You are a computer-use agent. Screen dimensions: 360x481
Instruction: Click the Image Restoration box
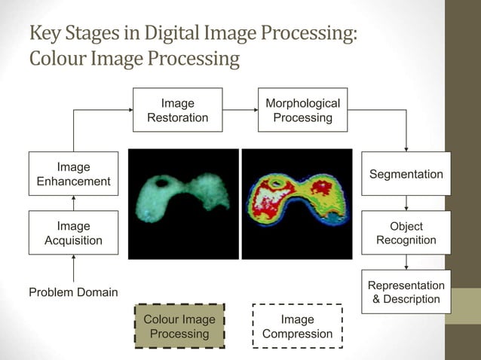coord(177,110)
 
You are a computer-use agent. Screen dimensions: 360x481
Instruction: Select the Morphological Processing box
coord(302,110)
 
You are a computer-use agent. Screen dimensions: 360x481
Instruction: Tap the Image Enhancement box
coord(73,174)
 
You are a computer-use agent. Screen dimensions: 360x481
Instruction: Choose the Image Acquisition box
coord(73,233)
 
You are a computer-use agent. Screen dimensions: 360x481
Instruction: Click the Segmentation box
coord(406,174)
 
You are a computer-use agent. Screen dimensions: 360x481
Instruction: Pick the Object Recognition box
coord(406,233)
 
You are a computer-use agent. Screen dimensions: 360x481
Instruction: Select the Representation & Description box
coord(406,291)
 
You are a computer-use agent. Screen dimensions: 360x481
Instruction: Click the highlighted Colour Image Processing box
coord(179,326)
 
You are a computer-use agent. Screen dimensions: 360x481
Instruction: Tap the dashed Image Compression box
coord(297,326)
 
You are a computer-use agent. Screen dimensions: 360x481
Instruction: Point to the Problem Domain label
coord(73,291)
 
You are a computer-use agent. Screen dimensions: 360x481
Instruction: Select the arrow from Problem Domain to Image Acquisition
coord(73,267)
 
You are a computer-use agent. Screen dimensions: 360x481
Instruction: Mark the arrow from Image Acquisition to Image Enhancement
coord(73,203)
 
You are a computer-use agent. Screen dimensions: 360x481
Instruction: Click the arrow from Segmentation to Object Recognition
coord(406,203)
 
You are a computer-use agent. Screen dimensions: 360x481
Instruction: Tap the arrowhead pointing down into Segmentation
coord(406,148)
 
